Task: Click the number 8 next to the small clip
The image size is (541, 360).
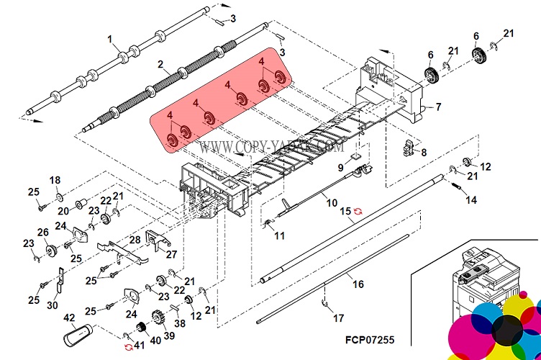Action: (x=424, y=152)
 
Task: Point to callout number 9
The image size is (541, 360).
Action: (x=340, y=168)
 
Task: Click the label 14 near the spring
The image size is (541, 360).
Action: (x=470, y=200)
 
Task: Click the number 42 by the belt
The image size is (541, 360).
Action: (x=70, y=317)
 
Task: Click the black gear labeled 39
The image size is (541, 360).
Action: (x=154, y=318)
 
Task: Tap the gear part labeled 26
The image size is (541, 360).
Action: (x=51, y=251)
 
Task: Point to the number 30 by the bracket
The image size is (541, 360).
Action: (x=51, y=305)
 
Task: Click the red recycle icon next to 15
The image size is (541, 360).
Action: (x=358, y=211)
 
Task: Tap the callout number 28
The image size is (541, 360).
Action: (x=134, y=239)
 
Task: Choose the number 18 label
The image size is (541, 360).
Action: (x=55, y=179)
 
